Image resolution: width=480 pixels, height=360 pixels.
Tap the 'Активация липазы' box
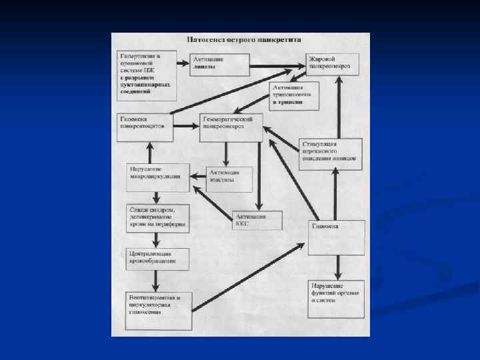click(x=219, y=64)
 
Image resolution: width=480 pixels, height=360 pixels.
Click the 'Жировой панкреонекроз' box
click(x=332, y=64)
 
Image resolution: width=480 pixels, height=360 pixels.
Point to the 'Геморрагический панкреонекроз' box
click(x=231, y=127)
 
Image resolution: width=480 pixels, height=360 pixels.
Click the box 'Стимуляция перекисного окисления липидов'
click(x=330, y=153)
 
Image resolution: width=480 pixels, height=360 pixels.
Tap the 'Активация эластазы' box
click(x=229, y=179)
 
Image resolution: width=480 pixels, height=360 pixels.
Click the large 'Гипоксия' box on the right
click(x=336, y=237)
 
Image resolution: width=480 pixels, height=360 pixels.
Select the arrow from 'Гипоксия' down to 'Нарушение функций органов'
click(x=336, y=267)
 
